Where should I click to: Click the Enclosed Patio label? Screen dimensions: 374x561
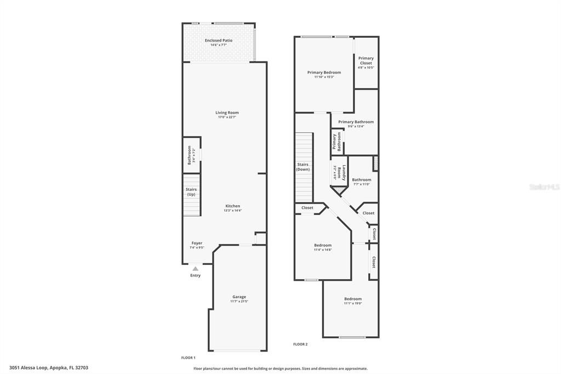point(219,41)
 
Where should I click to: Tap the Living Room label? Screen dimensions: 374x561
point(227,112)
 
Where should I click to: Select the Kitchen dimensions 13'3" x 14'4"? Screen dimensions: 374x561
point(232,211)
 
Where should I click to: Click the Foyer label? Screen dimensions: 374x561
point(197,243)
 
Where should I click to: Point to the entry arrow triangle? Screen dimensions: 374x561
point(196,268)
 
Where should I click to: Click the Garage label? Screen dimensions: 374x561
point(239,297)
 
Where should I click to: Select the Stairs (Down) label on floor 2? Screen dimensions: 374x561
point(303,167)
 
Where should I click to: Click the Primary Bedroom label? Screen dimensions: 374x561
point(324,72)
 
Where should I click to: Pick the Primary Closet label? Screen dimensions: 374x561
point(366,60)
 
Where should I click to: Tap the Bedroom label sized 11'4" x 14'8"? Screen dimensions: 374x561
point(323,245)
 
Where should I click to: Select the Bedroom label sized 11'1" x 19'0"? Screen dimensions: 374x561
point(353,299)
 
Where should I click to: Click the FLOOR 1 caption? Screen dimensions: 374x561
point(188,358)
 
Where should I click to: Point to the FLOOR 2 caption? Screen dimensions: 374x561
point(300,344)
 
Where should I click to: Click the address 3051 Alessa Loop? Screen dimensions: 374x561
point(49,367)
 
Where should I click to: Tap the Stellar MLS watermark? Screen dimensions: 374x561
point(543,187)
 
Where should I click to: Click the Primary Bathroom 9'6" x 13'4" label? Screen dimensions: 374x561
point(356,122)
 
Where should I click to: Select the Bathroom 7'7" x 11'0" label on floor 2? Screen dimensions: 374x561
point(362,180)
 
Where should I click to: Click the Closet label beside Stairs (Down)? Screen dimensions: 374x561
point(307,208)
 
